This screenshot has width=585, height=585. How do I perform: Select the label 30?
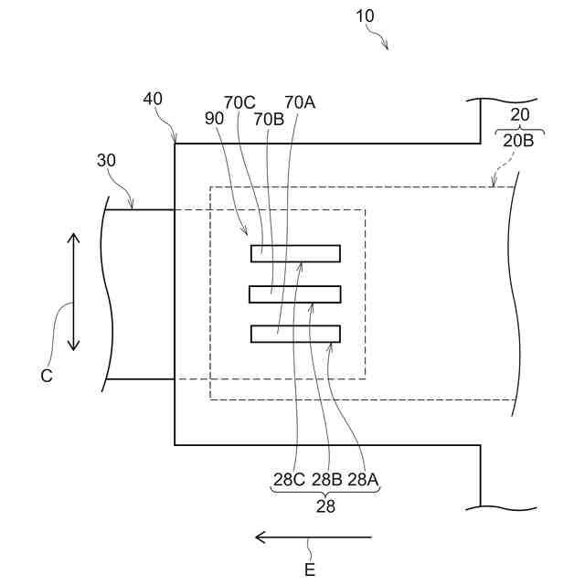[107, 160]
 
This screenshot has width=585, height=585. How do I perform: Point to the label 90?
[216, 119]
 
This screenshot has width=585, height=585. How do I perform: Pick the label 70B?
[269, 119]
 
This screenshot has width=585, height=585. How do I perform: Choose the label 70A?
[300, 102]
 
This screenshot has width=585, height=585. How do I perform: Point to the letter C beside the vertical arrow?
[47, 375]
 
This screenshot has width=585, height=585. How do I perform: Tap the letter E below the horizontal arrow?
[310, 569]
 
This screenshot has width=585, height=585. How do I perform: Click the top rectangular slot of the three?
[295, 253]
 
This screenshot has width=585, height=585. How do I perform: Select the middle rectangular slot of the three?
[295, 294]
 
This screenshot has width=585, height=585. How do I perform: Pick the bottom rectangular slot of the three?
[295, 334]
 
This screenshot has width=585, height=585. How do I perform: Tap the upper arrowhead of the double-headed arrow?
[74, 239]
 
